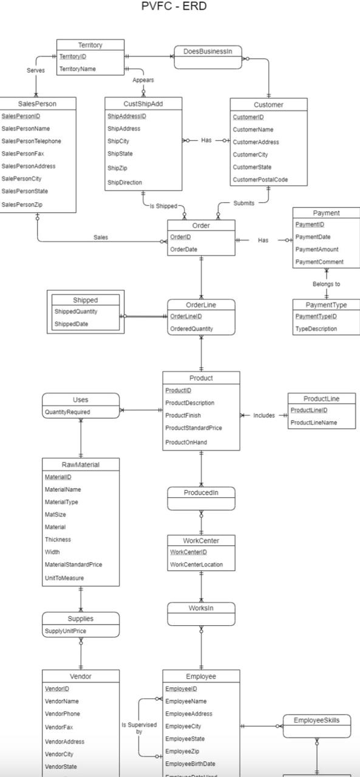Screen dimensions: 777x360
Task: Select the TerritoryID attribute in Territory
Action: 73,56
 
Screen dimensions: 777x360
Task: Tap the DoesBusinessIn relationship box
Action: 208,52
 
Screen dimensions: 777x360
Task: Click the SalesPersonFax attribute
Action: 23,154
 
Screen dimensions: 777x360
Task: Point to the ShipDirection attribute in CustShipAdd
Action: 125,183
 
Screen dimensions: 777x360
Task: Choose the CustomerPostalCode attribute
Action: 260,180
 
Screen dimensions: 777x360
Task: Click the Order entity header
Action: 201,225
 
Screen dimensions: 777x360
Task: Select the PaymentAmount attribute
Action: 316,249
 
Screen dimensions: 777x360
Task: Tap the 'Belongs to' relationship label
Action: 326,283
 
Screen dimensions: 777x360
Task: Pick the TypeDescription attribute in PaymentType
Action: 316,329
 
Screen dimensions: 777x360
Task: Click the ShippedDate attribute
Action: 71,324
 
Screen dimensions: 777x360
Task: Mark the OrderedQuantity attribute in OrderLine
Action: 192,329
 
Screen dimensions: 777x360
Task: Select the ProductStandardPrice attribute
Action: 194,428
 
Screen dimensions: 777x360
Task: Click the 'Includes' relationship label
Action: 264,416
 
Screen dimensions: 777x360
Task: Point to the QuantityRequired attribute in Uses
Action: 67,412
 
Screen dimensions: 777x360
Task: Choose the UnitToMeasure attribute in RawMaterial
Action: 64,578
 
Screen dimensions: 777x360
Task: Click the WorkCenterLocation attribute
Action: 196,565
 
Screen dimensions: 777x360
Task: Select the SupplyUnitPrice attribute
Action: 66,631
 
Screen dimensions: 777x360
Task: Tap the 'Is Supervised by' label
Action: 139,728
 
